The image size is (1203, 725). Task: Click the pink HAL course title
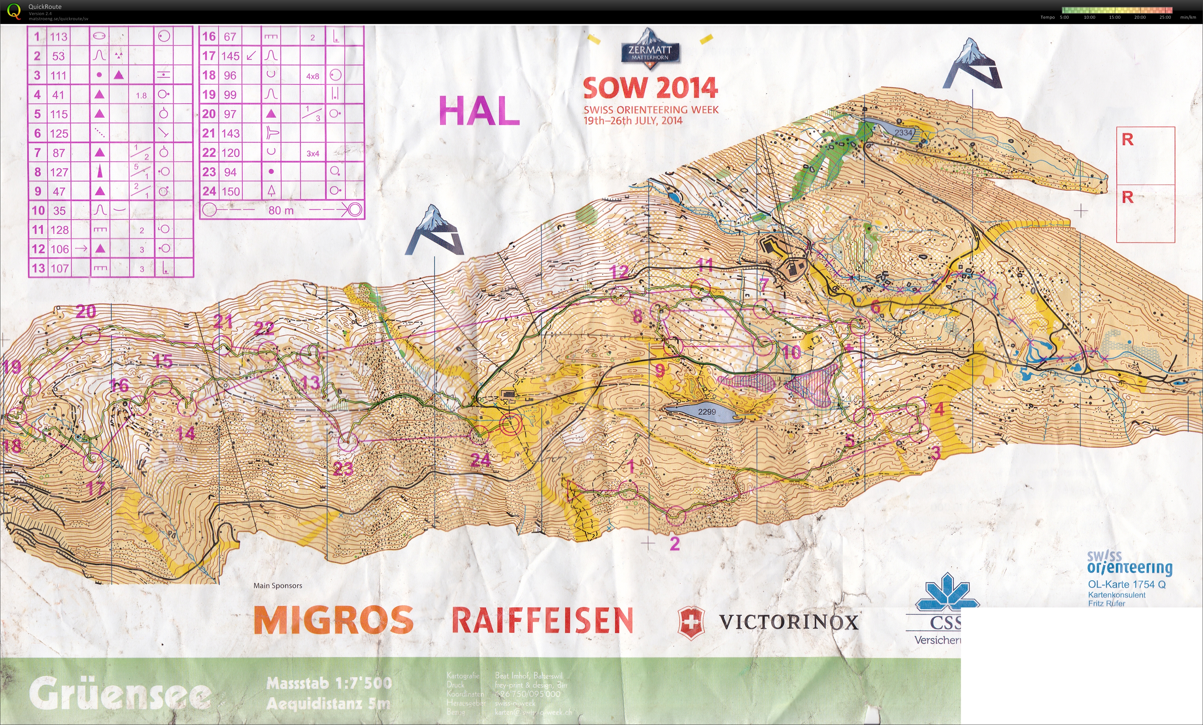click(x=479, y=111)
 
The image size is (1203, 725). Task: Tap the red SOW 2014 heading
click(x=650, y=88)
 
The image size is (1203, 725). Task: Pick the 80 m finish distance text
click(x=281, y=210)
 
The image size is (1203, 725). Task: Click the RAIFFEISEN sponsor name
click(x=542, y=620)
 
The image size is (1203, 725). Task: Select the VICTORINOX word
click(x=788, y=622)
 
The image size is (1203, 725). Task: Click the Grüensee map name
click(x=120, y=694)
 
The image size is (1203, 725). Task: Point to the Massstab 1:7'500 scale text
click(x=329, y=683)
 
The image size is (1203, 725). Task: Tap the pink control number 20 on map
click(x=86, y=311)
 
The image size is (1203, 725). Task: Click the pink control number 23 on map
click(x=343, y=469)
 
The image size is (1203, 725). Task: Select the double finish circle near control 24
click(x=511, y=424)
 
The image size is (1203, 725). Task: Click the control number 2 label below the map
click(x=675, y=543)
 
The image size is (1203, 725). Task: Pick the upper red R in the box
click(x=1127, y=140)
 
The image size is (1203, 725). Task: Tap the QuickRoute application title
click(x=45, y=6)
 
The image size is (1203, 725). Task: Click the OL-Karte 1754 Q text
click(x=1126, y=584)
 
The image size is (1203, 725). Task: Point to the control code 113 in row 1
click(x=58, y=37)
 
